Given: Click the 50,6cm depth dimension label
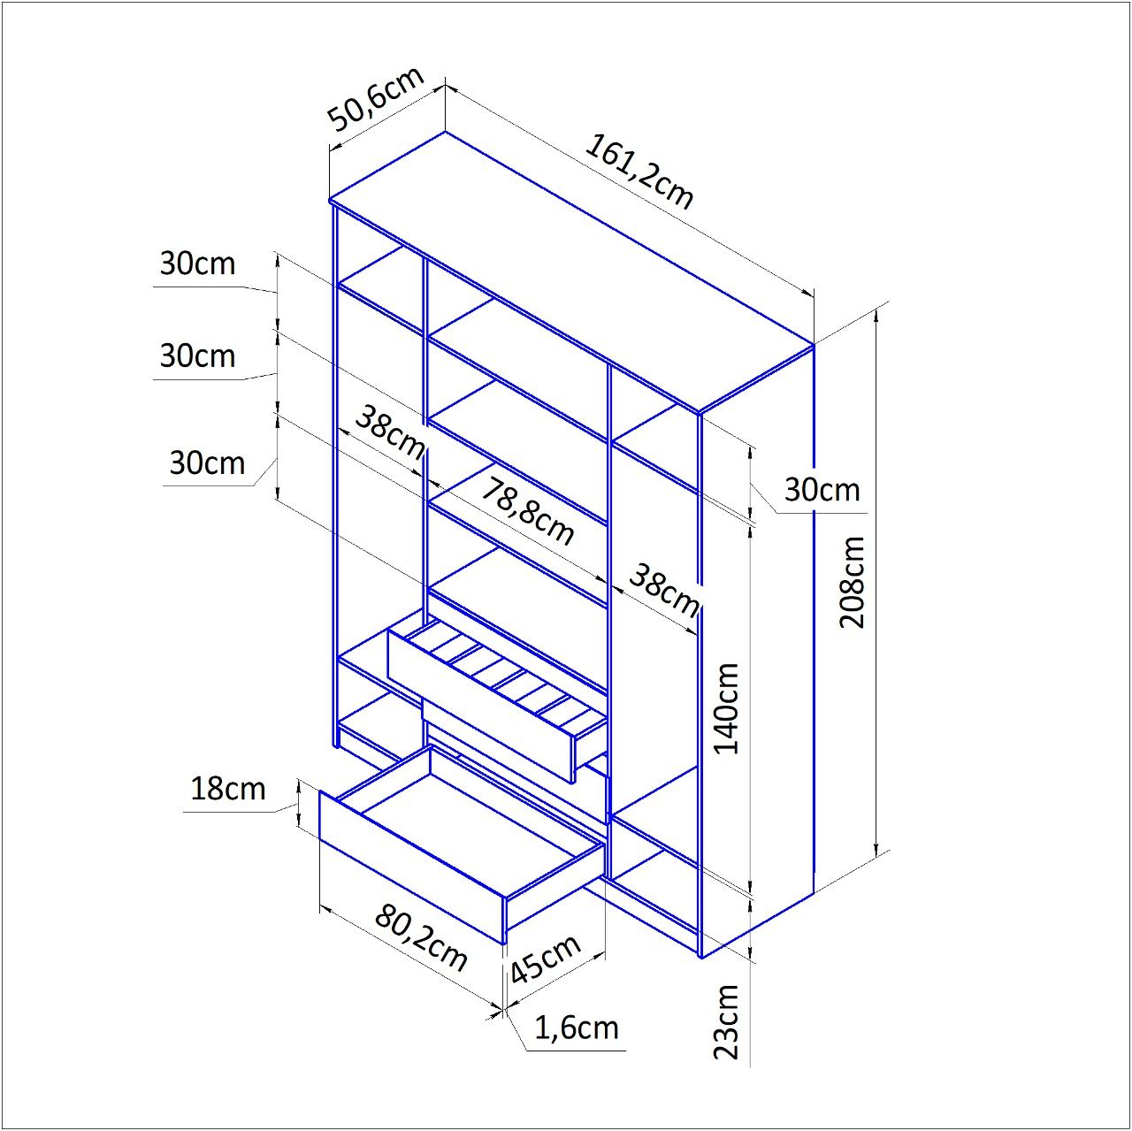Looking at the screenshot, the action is (x=376, y=99).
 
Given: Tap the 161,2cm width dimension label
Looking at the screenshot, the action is (x=639, y=171).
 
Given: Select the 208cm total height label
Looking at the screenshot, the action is (x=853, y=582).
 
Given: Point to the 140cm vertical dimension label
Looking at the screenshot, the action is (x=727, y=708).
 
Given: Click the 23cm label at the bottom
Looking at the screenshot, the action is (x=727, y=1021).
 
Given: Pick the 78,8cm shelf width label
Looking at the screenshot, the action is (x=527, y=512).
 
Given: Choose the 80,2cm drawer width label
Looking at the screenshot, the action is (x=421, y=936).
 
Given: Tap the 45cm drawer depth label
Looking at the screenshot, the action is (x=546, y=959).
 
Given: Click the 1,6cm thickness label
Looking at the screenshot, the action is (x=577, y=1028).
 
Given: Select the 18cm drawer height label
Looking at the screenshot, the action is (x=228, y=788).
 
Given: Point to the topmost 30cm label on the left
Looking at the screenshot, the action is (x=197, y=264).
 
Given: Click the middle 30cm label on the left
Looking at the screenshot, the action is (x=197, y=355).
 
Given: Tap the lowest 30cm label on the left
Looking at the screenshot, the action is (x=207, y=462).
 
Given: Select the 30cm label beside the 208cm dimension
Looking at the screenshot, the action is (x=822, y=489).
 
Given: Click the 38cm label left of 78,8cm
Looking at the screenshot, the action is (x=389, y=431).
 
